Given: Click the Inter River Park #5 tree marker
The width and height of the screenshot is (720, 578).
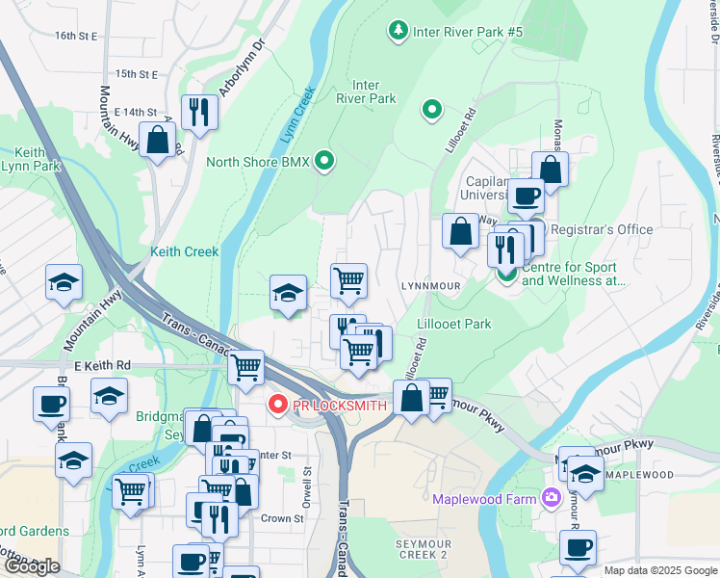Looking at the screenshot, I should click(398, 32).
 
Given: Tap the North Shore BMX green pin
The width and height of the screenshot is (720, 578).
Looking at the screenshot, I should click(325, 161).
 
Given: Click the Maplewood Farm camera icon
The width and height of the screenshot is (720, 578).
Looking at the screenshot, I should click(552, 498).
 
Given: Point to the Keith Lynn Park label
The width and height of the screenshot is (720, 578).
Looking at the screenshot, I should click(29, 161).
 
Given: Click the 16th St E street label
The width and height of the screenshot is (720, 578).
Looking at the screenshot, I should click(77, 36).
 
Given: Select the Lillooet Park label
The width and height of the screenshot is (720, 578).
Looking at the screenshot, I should click(454, 324).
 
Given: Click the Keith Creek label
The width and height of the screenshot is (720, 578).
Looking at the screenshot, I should click(185, 251).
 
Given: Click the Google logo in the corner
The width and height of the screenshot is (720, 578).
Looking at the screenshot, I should click(31, 566).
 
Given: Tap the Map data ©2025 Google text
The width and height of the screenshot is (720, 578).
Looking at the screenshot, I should click(660, 570).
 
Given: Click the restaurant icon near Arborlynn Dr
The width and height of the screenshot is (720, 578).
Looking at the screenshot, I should click(199, 112).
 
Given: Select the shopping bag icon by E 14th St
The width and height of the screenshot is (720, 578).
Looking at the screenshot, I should click(157, 139).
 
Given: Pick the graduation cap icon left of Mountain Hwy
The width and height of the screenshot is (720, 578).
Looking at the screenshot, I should click(64, 281).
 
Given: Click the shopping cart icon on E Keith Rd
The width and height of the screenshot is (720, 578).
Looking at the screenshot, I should click(246, 366).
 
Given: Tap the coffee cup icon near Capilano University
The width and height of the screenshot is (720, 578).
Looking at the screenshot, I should click(526, 196).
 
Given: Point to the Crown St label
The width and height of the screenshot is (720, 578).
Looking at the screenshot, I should click(282, 518).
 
